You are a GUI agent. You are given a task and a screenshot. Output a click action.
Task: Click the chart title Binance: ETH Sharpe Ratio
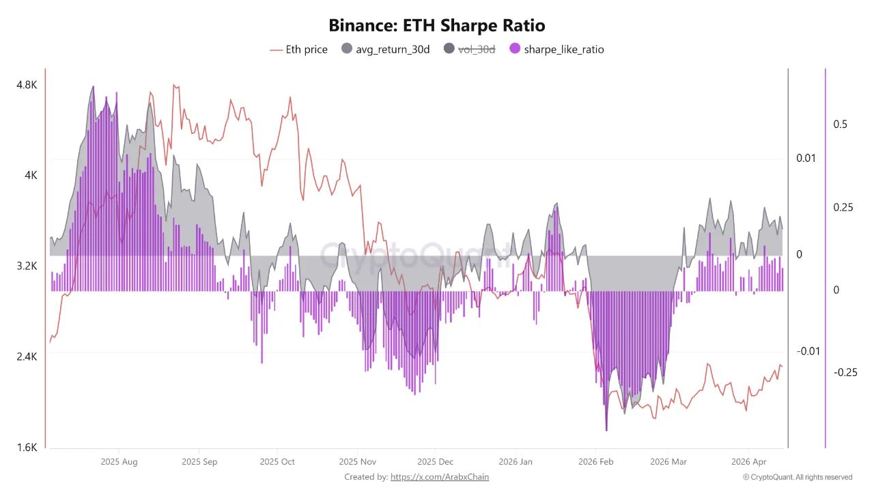click(437, 26)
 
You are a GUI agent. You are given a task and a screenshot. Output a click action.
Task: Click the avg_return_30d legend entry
click(385, 49)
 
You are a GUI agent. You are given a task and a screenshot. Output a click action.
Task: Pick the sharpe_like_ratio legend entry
click(556, 49)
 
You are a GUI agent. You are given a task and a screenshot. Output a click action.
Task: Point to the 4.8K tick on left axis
click(27, 85)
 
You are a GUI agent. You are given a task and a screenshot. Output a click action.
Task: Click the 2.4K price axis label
click(27, 357)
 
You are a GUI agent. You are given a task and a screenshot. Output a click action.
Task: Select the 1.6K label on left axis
click(27, 448)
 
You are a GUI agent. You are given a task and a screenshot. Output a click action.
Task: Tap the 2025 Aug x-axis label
click(119, 462)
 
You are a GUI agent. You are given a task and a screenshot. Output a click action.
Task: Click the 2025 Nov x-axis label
click(358, 462)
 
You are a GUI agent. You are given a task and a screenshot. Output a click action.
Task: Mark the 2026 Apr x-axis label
click(749, 462)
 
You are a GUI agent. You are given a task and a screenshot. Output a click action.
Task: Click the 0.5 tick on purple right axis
click(841, 124)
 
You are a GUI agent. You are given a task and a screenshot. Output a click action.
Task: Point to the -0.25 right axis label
click(845, 372)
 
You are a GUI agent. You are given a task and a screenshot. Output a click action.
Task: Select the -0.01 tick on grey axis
click(807, 351)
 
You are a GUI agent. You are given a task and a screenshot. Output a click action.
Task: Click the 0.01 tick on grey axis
click(806, 159)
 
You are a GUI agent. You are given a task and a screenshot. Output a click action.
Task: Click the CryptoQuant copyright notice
click(798, 477)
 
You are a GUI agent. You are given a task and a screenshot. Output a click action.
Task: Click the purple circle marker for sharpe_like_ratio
click(515, 49)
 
